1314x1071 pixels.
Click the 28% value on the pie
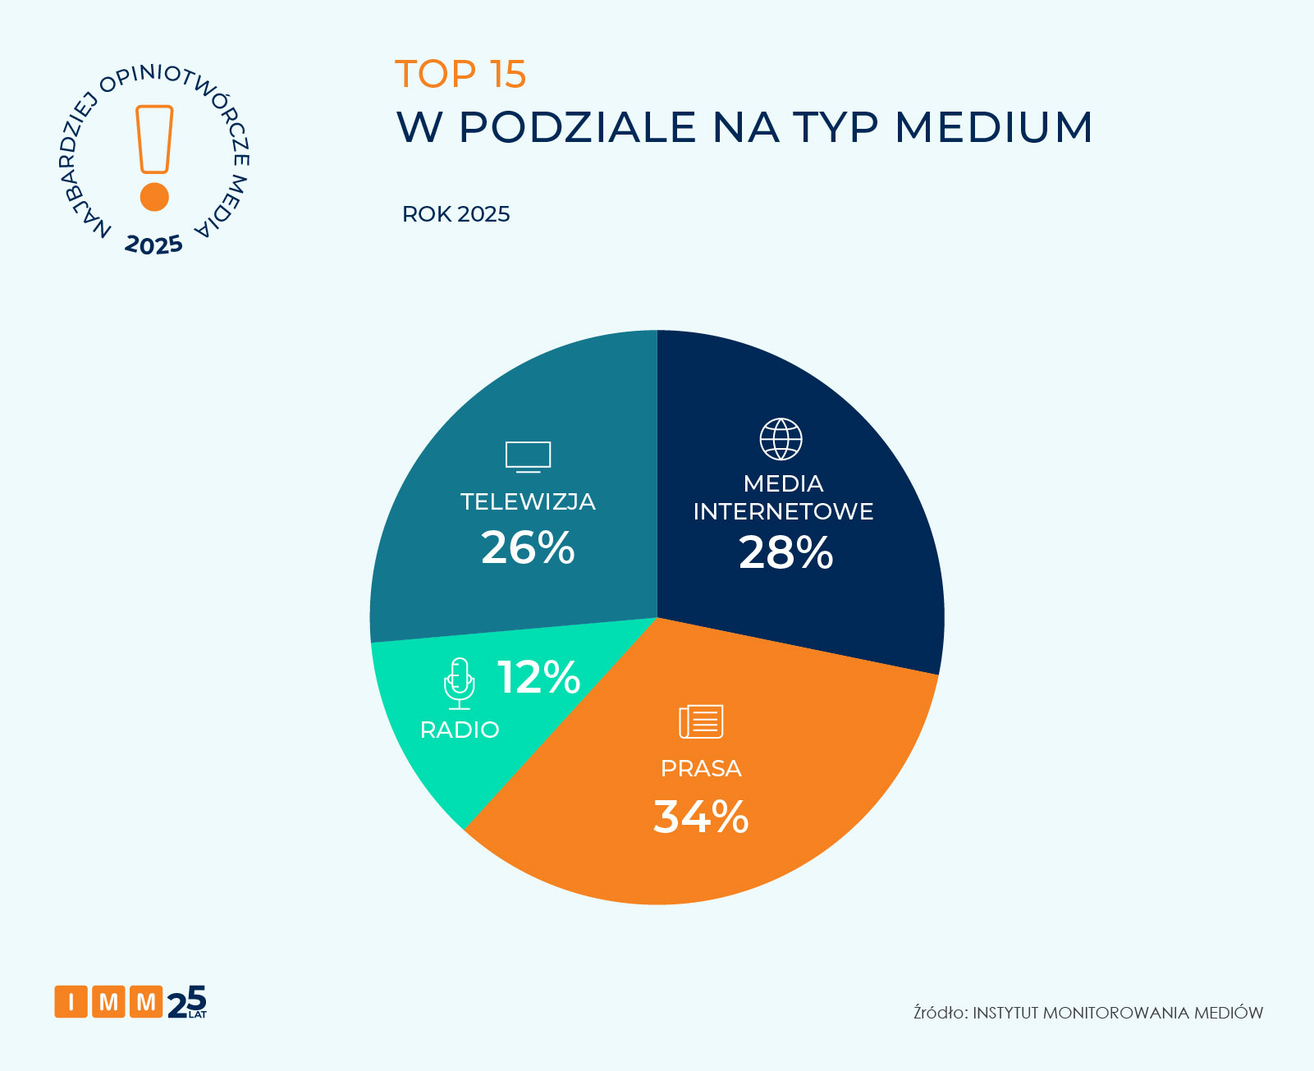point(785,552)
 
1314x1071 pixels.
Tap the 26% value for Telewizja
point(528,547)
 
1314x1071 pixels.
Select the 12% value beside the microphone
point(538,677)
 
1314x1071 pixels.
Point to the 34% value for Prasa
point(701,817)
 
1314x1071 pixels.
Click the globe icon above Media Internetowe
point(781,439)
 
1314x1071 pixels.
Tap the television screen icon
point(528,456)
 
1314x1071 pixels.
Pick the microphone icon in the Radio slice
point(460,683)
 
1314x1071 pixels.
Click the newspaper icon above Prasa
point(701,721)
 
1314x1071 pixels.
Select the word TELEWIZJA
point(528,501)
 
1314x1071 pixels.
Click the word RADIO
point(460,730)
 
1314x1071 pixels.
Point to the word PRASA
point(701,768)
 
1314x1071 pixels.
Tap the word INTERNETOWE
point(783,511)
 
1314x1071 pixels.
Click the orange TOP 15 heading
point(460,74)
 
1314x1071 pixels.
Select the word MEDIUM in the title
point(993,127)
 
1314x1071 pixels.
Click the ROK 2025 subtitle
point(456,214)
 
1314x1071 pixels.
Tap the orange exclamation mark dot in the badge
point(154,197)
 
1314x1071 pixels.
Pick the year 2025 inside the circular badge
point(153,245)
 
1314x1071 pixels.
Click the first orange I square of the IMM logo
point(71,1001)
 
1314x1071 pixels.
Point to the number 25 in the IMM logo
point(187,1001)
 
